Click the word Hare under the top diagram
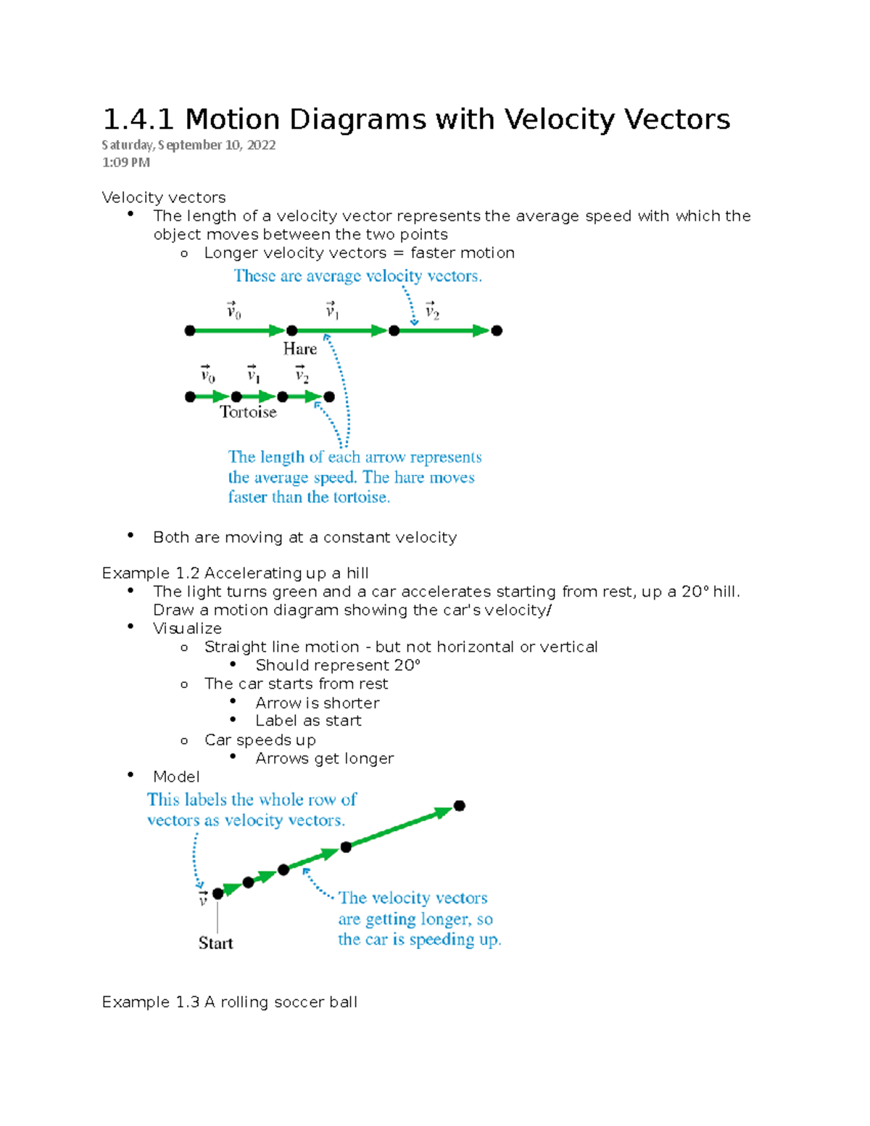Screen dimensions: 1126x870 299,349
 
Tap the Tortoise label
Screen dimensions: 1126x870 248,412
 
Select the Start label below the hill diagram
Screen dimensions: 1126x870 215,943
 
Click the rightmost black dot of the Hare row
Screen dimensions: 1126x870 497,331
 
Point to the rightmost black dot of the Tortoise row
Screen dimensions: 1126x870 329,397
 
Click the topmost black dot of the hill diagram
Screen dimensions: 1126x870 459,806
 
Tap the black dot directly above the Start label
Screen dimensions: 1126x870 217,893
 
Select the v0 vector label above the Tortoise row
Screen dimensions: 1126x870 208,374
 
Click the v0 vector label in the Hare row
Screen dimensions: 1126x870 233,310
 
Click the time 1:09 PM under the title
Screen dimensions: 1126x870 126,162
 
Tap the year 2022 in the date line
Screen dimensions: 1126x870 261,145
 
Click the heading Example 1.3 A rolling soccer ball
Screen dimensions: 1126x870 229,1002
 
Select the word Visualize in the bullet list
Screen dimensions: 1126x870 187,629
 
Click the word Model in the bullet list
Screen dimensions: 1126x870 176,777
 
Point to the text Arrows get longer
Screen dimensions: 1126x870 324,758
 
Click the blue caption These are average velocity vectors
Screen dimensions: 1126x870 357,276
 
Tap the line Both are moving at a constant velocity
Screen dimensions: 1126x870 304,537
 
